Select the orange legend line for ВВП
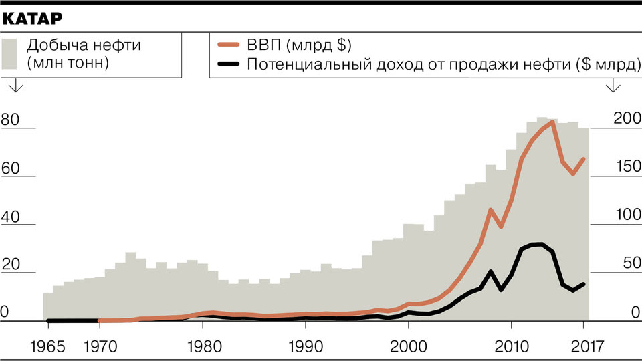[x=229, y=46]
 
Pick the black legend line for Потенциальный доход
[x=229, y=64]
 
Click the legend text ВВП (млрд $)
[x=298, y=46]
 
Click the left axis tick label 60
[x=11, y=169]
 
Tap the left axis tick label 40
[x=11, y=217]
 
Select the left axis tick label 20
[x=11, y=265]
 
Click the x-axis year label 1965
[x=48, y=347]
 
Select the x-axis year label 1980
[x=202, y=347]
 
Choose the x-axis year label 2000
[x=409, y=347]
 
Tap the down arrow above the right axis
[x=613, y=88]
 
